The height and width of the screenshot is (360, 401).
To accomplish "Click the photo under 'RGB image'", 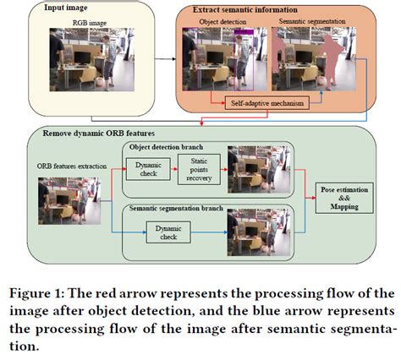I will (x=80, y=59).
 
